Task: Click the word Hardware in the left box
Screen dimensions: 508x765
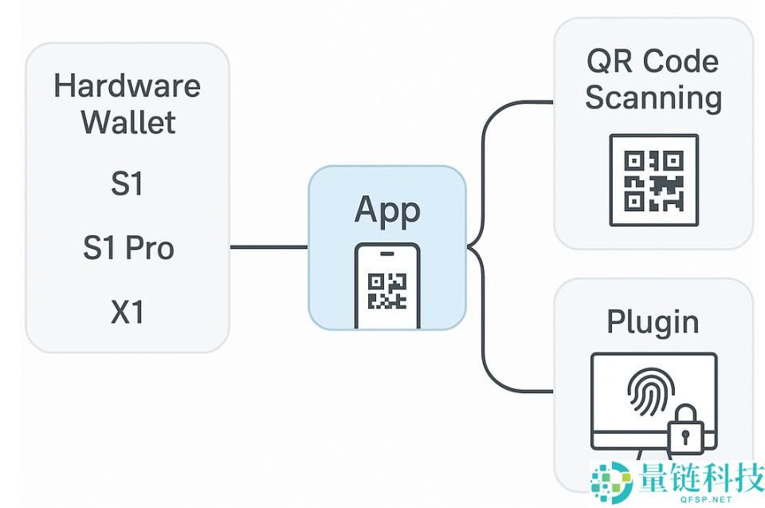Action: (x=127, y=85)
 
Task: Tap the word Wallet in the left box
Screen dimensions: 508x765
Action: (x=127, y=124)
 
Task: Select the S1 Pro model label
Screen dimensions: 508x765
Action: (x=127, y=248)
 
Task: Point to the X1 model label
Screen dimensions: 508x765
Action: (x=127, y=312)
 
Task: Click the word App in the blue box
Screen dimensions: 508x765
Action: (x=387, y=209)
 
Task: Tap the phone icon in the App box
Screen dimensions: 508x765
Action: (x=386, y=286)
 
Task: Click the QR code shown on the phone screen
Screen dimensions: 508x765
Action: (x=386, y=291)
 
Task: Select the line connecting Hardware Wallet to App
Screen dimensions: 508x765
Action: (x=269, y=247)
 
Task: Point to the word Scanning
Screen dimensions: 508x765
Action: (x=653, y=98)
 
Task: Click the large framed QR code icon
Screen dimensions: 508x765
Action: (x=653, y=179)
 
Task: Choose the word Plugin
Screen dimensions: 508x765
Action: (x=653, y=321)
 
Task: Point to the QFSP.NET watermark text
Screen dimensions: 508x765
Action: (x=705, y=500)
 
